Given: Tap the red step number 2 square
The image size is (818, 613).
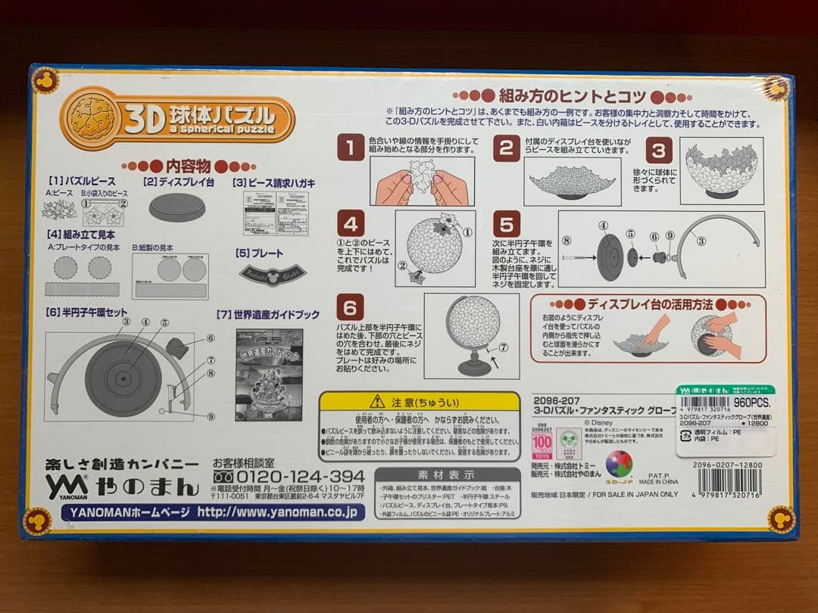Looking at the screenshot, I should [506, 148].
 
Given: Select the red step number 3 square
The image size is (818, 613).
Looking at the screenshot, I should [658, 150].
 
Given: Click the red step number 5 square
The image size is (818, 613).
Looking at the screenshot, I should [506, 224].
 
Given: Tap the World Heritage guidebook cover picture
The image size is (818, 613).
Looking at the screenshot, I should [269, 375].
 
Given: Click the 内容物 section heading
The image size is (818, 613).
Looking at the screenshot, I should [178, 165].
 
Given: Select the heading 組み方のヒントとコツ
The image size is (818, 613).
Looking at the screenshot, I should [571, 97].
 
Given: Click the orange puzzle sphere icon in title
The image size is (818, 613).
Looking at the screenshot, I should [92, 117].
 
